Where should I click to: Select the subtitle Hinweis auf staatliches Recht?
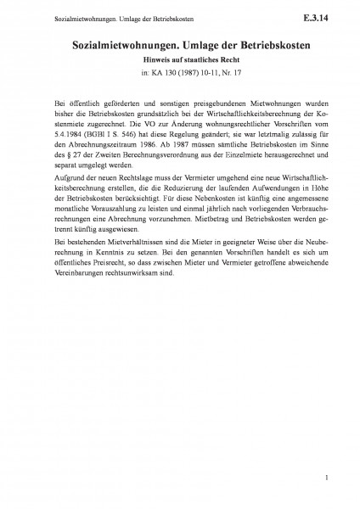179,59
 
